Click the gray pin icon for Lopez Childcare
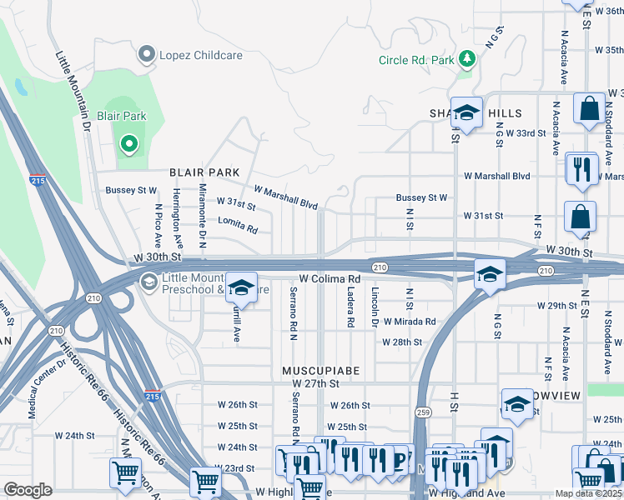pos(148,55)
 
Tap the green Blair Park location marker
pos(128,145)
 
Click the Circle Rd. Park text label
pos(416,60)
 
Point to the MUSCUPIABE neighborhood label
pos(313,368)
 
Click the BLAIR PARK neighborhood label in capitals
pos(199,172)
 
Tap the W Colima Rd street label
pos(330,279)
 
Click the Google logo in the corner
pos(28,490)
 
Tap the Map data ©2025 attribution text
pos(588,493)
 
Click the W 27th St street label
pos(316,383)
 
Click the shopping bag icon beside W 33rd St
pos(589,109)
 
